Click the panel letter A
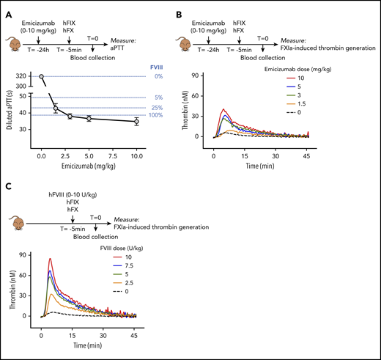[6, 7]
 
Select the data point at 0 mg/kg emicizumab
[42, 76]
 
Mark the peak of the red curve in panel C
[50, 259]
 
